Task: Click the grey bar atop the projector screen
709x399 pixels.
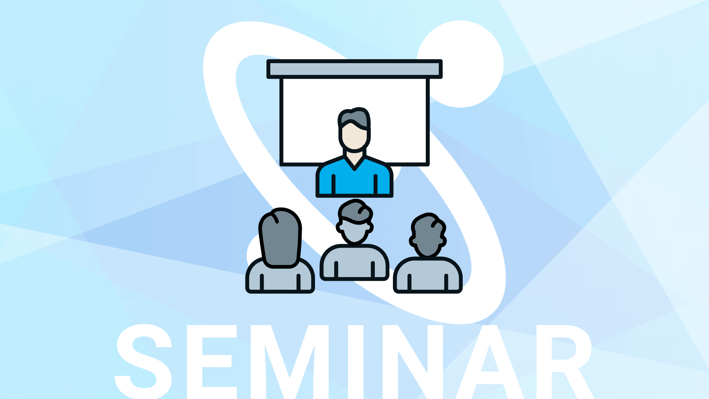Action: coord(354,69)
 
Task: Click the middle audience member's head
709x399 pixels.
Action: coord(354,222)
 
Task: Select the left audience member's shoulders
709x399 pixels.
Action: coord(280,277)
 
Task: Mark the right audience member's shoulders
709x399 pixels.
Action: coord(428,276)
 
